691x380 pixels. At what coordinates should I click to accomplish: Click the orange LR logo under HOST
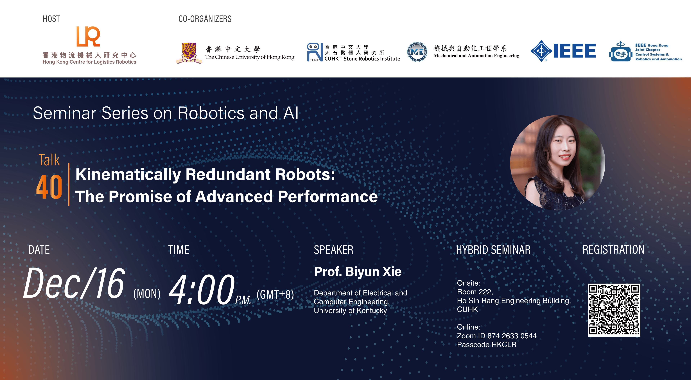pyautogui.click(x=88, y=37)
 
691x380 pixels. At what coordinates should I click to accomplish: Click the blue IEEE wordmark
pyautogui.click(x=574, y=51)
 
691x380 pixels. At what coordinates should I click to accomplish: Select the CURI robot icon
pyautogui.click(x=314, y=52)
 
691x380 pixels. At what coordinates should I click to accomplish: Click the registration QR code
pyautogui.click(x=614, y=310)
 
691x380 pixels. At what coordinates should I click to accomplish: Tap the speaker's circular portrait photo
pyautogui.click(x=557, y=162)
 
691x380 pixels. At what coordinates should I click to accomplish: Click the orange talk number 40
pyautogui.click(x=49, y=187)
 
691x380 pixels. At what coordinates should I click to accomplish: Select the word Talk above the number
pyautogui.click(x=49, y=160)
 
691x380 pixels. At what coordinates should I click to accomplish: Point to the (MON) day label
pyautogui.click(x=147, y=294)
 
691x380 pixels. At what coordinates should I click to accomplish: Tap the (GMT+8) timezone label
pyautogui.click(x=275, y=294)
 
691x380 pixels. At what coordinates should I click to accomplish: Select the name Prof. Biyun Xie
pyautogui.click(x=358, y=272)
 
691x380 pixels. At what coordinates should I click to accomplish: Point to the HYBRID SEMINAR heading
pyautogui.click(x=493, y=250)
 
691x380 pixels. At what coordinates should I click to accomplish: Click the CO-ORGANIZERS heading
pyautogui.click(x=205, y=19)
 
